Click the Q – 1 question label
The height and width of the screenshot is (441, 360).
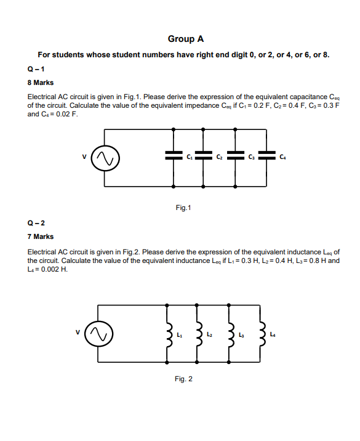click(x=36, y=68)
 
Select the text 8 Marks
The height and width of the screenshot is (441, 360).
click(x=40, y=81)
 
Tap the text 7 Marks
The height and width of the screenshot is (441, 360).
click(x=40, y=237)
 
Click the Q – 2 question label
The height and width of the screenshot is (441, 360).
click(x=36, y=223)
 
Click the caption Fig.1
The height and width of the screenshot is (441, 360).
click(x=183, y=208)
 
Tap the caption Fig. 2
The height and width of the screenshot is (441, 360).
click(x=183, y=378)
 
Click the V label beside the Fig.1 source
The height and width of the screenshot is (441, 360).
click(x=84, y=156)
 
